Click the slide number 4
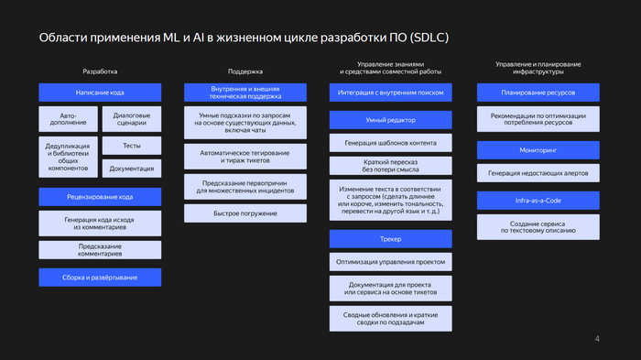[598, 340]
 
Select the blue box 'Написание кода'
[100, 93]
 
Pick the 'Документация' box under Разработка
[130, 169]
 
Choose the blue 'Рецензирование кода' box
[100, 197]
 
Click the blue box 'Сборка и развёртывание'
[100, 277]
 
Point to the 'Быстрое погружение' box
[244, 213]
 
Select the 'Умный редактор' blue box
[391, 120]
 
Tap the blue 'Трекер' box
[391, 239]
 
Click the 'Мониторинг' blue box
[538, 149]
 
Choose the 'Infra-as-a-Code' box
[538, 201]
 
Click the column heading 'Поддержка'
[244, 71]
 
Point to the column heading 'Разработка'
[100, 71]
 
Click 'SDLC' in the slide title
[427, 38]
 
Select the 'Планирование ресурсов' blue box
[538, 93]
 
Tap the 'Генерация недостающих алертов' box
[538, 174]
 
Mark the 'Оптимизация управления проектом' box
[391, 262]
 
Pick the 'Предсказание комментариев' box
[100, 250]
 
